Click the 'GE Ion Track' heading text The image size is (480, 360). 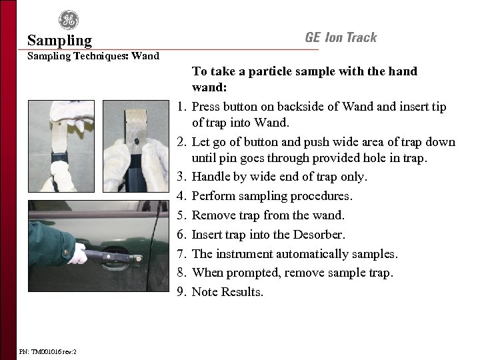tap(341, 37)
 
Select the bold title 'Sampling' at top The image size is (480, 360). tap(60, 41)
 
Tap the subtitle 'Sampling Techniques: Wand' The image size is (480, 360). tap(93, 56)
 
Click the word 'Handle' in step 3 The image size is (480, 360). tap(210, 177)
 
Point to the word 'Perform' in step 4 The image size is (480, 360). tap(212, 197)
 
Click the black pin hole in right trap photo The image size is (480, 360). tap(136, 141)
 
